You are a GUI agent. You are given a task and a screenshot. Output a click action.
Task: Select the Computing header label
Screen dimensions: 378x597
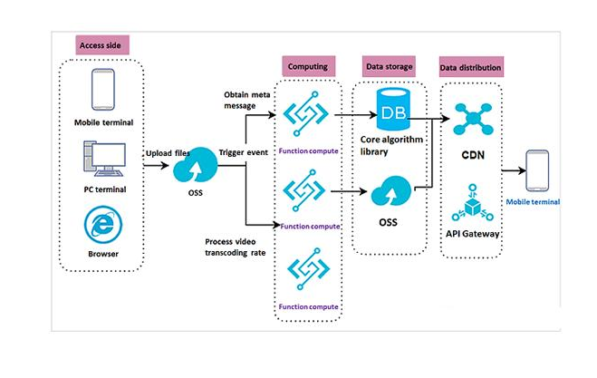[308, 67]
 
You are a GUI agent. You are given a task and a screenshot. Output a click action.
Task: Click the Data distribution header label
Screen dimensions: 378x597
[471, 67]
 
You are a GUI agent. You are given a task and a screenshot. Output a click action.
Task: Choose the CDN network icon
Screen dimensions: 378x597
[472, 118]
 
